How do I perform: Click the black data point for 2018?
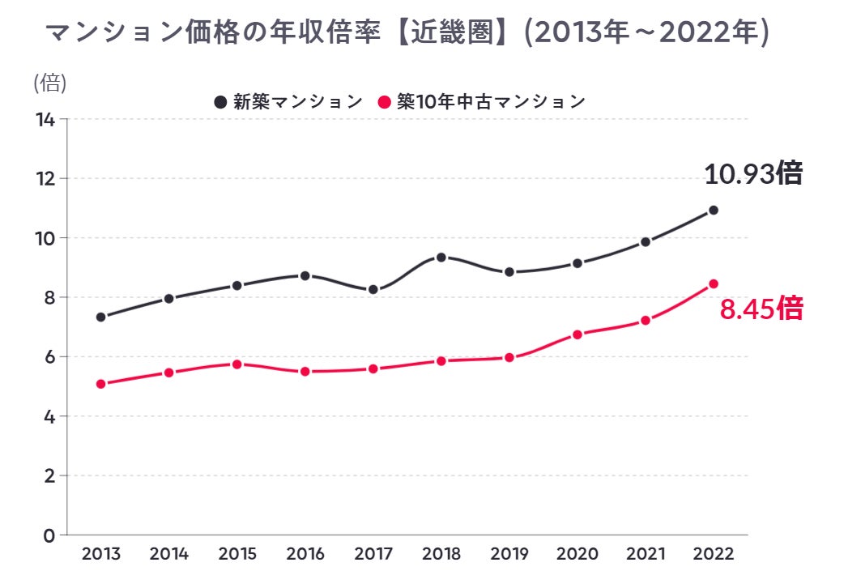tap(441, 258)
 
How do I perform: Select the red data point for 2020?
tap(577, 334)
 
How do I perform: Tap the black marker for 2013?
tap(101, 317)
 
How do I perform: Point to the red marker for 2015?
tap(237, 364)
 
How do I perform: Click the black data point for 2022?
tap(714, 211)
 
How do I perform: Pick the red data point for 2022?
tap(714, 283)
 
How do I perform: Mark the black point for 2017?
tap(373, 290)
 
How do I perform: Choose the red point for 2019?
tap(509, 357)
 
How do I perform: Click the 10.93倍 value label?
tap(752, 174)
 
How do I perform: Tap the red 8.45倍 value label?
tap(761, 309)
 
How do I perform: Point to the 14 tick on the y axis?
tap(45, 120)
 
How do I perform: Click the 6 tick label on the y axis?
tap(49, 357)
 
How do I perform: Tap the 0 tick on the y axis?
tap(49, 535)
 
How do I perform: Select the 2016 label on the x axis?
tap(305, 555)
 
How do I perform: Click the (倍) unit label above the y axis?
tap(50, 83)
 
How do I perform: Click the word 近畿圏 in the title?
tap(455, 33)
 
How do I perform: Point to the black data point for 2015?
tap(237, 286)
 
